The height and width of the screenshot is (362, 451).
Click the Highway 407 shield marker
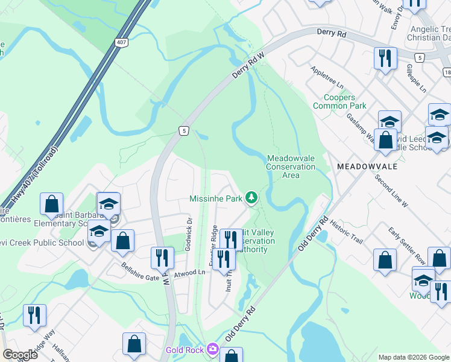(x=122, y=42)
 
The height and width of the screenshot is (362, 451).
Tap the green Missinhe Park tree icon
(x=252, y=198)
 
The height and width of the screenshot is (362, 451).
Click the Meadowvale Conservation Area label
(x=291, y=167)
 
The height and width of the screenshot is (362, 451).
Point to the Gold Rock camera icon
(x=212, y=349)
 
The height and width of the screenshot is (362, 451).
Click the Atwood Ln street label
(x=190, y=273)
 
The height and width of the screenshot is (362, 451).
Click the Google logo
(x=20, y=355)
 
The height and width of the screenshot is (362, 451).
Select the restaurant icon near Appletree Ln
(x=385, y=59)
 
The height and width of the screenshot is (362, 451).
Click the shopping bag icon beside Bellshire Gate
(x=123, y=241)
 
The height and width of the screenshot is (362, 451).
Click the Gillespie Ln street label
(x=416, y=78)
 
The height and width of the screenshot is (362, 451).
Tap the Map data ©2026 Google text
(x=413, y=357)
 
